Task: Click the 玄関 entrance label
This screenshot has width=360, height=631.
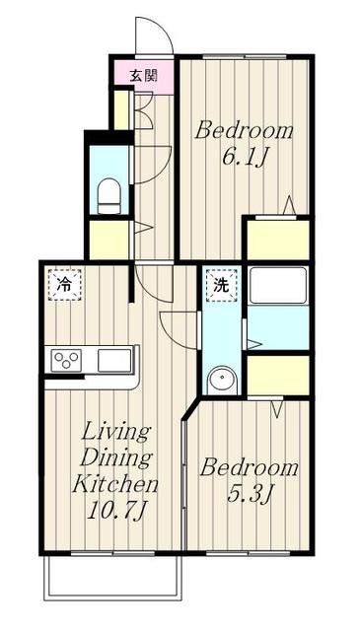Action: pos(143,75)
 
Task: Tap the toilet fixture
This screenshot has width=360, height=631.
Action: pos(109,196)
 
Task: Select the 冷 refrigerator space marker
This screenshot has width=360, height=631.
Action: pos(65,285)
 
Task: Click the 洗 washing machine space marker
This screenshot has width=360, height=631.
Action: pos(221,285)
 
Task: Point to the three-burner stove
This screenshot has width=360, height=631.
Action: pos(66,360)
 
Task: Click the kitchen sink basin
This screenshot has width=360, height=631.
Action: pos(114,360)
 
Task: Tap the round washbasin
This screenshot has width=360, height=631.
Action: pos(223,380)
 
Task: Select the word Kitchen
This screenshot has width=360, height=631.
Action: pos(114,485)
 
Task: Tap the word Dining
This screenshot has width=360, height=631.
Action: pos(116,458)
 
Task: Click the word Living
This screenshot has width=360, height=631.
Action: pos(116,434)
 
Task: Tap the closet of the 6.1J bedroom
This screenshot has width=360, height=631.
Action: pos(278,240)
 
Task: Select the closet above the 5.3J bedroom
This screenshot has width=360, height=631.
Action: pos(278,376)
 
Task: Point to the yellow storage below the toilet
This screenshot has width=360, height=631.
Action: pos(108,240)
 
